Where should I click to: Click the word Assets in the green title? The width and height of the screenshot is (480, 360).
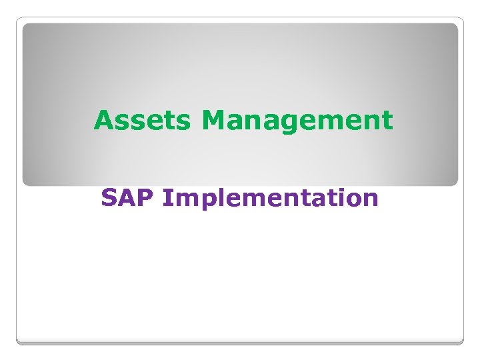tap(144, 121)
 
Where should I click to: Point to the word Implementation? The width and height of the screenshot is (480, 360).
tap(270, 199)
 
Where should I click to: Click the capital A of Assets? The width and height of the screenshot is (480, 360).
tap(104, 121)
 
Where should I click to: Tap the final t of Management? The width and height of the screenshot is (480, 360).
tap(387, 121)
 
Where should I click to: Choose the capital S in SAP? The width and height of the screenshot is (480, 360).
tap(109, 198)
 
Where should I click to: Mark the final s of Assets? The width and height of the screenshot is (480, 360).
tap(185, 123)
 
